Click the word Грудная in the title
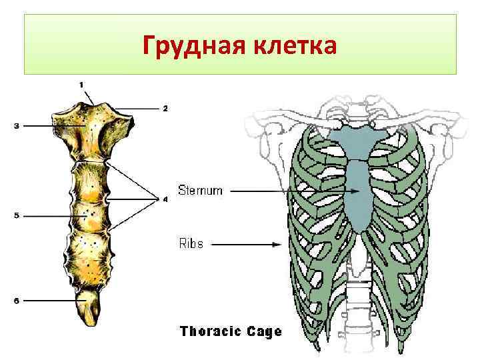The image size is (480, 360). pyautogui.click(x=193, y=47)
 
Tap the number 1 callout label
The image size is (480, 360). pyautogui.click(x=81, y=84)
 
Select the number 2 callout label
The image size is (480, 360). pyautogui.click(x=165, y=107)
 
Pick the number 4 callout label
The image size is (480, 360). pyautogui.click(x=165, y=199)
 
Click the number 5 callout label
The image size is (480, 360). pyautogui.click(x=15, y=215)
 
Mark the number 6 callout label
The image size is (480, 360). pyautogui.click(x=17, y=301)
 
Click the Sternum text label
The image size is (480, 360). pyautogui.click(x=200, y=191)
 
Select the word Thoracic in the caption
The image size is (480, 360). pyautogui.click(x=211, y=331)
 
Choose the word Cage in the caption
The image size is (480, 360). pyautogui.click(x=265, y=331)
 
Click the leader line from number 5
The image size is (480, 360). pyautogui.click(x=47, y=215)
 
